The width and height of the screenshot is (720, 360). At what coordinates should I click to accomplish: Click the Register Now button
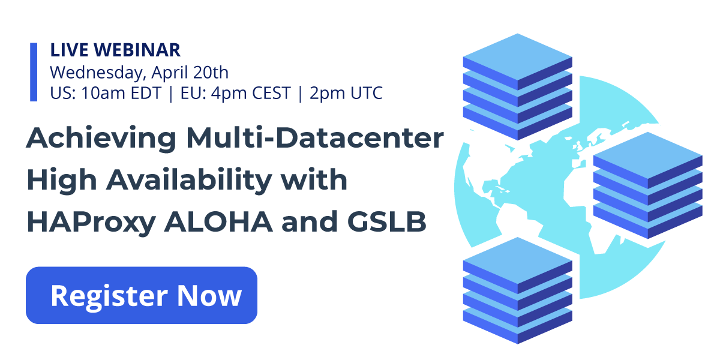pos(142,295)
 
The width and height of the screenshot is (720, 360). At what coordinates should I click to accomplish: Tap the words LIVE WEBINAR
pos(115,50)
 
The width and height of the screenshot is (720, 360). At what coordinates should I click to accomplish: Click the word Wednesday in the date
pos(96,73)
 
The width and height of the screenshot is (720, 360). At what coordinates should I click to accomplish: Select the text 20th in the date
pos(211,72)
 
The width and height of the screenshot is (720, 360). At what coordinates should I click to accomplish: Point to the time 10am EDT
pos(121,93)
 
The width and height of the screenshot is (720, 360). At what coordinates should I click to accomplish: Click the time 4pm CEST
pos(251,93)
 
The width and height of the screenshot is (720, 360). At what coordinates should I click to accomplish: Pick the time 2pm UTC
pos(346,93)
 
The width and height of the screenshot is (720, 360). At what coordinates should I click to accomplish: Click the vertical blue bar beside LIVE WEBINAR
pos(34,72)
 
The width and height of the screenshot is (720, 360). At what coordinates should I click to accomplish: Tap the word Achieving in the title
pos(101,139)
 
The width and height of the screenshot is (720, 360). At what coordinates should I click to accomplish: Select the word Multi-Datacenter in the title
pos(315,137)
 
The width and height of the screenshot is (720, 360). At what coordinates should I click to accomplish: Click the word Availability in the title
pos(190,181)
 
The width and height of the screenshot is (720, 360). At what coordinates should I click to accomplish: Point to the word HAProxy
pos(91,223)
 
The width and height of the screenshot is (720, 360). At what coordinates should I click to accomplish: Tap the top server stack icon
pos(517,87)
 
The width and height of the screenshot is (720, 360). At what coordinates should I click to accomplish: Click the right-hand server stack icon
pos(647,185)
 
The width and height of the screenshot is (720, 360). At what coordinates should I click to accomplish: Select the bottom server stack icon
pos(517,290)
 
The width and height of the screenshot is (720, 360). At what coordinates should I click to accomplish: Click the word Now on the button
pos(209,296)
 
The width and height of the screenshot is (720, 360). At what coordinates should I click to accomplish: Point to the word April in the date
pos(170,73)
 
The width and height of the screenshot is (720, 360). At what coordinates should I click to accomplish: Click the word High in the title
pos(62,181)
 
